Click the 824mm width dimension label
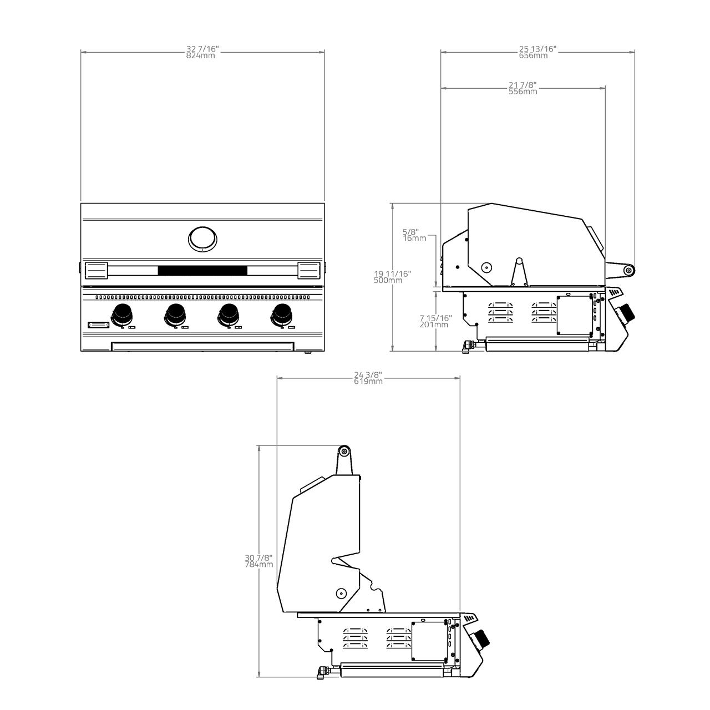(200, 56)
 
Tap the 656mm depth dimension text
(533, 56)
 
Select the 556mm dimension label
(523, 92)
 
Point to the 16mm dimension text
(414, 239)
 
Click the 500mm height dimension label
(388, 280)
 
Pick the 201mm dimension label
(434, 324)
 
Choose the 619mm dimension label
(368, 381)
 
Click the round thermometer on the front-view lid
(202, 239)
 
